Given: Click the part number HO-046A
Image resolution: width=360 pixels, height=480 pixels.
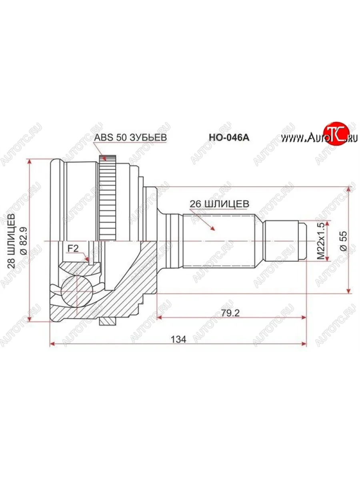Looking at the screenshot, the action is click(x=229, y=137).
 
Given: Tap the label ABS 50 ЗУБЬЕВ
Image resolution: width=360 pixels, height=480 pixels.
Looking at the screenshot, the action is click(x=130, y=137).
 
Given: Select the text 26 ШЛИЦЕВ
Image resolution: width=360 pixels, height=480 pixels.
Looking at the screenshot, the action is click(x=219, y=204).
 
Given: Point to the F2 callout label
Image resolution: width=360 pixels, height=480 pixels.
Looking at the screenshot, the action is click(x=73, y=248).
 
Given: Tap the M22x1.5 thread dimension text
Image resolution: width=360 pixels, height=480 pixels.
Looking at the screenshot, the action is click(x=321, y=241).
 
